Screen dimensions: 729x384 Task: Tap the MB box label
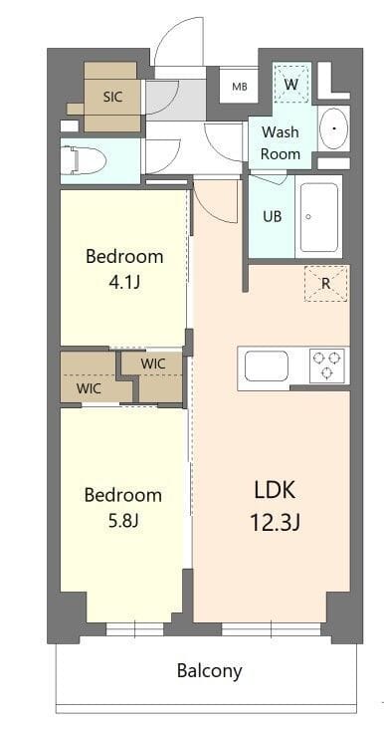click(x=240, y=87)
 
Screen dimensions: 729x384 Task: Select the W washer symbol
click(x=291, y=84)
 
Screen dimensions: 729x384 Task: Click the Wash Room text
click(x=281, y=142)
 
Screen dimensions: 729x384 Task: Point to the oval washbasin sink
click(x=333, y=128)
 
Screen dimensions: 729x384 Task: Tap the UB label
click(x=272, y=217)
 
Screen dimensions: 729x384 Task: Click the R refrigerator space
click(x=326, y=283)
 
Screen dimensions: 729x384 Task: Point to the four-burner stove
click(x=326, y=365)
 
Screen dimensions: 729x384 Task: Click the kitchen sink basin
click(x=266, y=365)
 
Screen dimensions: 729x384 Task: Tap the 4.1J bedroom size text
click(x=124, y=282)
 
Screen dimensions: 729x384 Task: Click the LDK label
click(x=276, y=490)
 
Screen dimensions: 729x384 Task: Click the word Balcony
click(x=209, y=670)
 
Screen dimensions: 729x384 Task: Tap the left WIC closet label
click(x=89, y=387)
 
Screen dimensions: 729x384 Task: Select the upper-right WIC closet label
click(x=153, y=364)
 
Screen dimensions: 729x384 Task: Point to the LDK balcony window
click(x=271, y=627)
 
